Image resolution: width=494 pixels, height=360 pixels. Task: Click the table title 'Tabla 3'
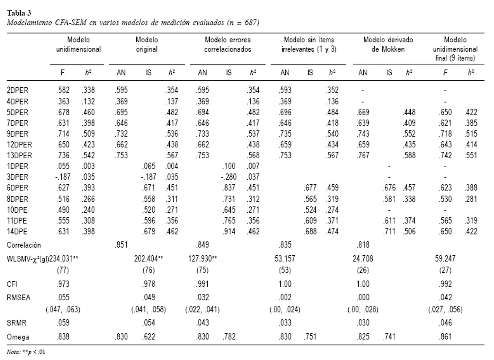coord(19,13)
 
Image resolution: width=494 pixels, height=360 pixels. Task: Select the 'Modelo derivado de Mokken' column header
coord(388,44)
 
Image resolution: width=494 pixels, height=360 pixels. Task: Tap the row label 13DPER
coord(19,155)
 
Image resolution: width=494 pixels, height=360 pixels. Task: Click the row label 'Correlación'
coord(24,245)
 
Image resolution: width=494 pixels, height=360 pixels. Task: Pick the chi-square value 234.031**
coord(63,259)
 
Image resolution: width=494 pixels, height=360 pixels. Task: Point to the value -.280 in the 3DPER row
coord(229,177)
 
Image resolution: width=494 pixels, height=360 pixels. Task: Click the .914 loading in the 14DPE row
coord(229,231)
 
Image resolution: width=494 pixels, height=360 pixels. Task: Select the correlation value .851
coord(121,245)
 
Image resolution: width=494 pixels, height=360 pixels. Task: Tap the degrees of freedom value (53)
coord(285,270)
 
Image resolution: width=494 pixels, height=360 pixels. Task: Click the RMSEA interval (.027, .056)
coord(445,310)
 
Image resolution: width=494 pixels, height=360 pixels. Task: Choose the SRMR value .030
coord(363,323)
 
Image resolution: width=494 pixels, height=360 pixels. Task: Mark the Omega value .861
coord(445,336)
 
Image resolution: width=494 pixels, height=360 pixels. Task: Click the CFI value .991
coord(203,284)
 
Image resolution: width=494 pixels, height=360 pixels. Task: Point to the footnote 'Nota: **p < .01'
coord(26,352)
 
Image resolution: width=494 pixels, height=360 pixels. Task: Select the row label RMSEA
coord(19,297)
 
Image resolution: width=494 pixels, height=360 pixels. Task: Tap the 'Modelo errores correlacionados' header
coord(228,44)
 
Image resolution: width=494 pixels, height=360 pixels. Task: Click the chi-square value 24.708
coord(363,259)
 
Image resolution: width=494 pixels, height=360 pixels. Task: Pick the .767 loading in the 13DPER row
coord(363,155)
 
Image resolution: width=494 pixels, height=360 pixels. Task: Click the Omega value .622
coord(149,336)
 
